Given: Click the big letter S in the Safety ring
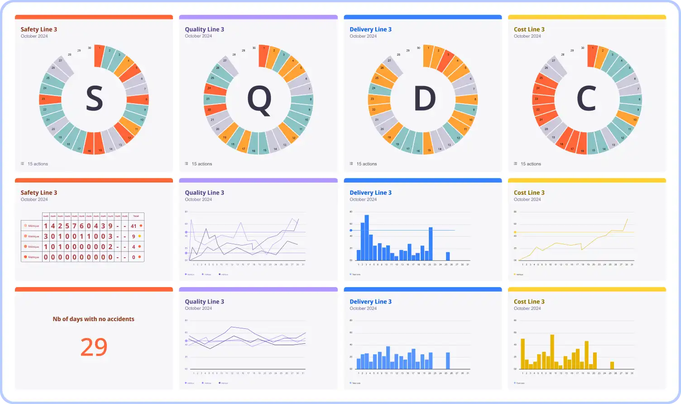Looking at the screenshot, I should pyautogui.click(x=94, y=99).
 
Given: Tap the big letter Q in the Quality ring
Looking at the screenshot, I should pyautogui.click(x=259, y=100).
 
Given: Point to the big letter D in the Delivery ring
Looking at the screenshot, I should pyautogui.click(x=424, y=99).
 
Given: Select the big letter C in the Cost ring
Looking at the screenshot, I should pyautogui.click(x=587, y=99).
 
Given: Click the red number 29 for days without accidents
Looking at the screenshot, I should pyautogui.click(x=94, y=347).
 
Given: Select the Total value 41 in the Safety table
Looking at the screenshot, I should pyautogui.click(x=134, y=226).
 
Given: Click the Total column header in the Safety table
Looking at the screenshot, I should pyautogui.click(x=136, y=216).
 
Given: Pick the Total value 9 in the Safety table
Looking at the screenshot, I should pyautogui.click(x=134, y=236).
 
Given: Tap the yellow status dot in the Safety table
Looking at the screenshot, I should pyautogui.click(x=140, y=236).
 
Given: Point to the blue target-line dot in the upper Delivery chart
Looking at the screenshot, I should pyautogui.click(x=351, y=231).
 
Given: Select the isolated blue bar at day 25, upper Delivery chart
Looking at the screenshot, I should pyautogui.click(x=448, y=256).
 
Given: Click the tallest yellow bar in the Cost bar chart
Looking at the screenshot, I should pyautogui.click(x=552, y=351).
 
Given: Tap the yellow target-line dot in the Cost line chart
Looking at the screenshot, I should pyautogui.click(x=515, y=232).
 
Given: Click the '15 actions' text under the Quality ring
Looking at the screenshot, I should pyautogui.click(x=202, y=164).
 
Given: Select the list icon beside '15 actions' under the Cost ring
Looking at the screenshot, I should pyautogui.click(x=515, y=164).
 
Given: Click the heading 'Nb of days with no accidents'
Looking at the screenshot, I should pyautogui.click(x=94, y=319).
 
